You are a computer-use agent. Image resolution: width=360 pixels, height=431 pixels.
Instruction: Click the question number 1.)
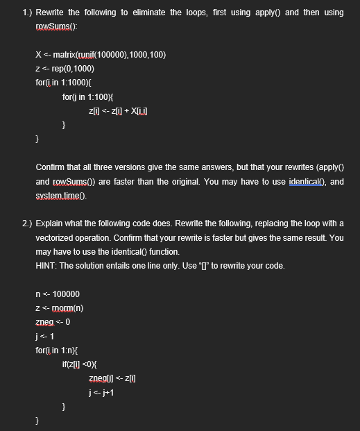[x=27, y=12]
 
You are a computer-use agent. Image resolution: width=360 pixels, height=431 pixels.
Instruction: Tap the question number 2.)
[x=27, y=223]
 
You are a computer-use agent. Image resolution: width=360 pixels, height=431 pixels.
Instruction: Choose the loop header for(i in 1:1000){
[x=65, y=83]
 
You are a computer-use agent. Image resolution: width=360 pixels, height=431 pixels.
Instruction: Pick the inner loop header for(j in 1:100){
[x=90, y=96]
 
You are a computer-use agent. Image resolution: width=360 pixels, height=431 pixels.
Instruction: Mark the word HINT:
[x=46, y=265]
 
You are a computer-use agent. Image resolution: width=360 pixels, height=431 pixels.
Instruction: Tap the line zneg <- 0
[x=52, y=322]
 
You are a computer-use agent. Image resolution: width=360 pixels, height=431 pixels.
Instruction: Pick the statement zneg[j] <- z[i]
[x=114, y=378]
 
